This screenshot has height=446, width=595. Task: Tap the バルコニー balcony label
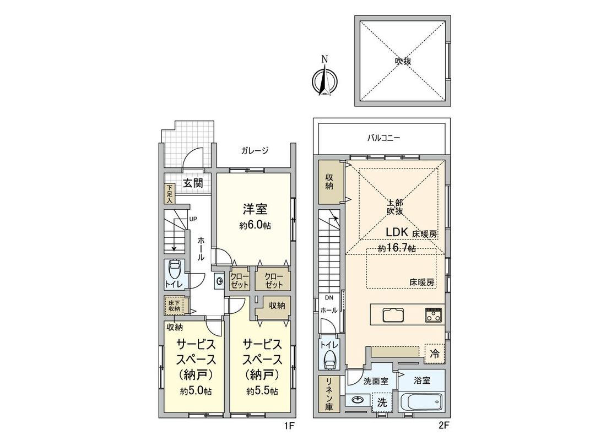click(384, 138)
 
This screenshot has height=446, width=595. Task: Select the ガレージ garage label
click(254, 150)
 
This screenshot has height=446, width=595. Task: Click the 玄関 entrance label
click(193, 183)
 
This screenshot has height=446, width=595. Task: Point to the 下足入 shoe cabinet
click(170, 194)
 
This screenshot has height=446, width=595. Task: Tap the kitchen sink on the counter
click(392, 316)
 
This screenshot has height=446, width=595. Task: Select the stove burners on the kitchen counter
click(434, 316)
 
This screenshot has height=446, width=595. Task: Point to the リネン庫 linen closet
click(329, 394)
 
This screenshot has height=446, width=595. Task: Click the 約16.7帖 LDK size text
click(397, 249)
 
